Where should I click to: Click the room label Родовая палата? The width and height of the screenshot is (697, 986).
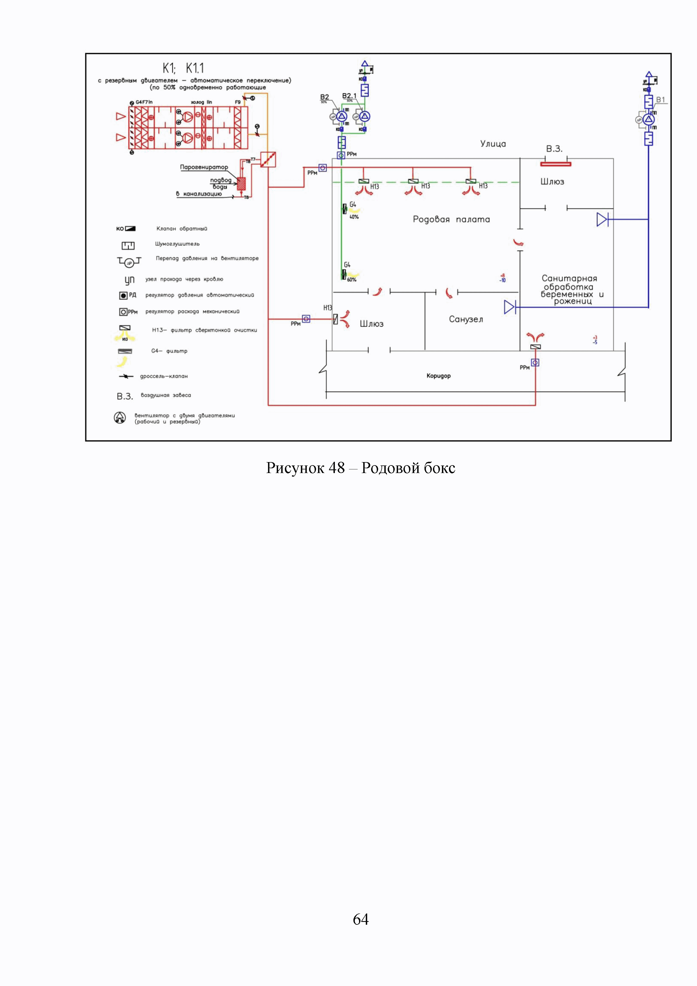coord(451,220)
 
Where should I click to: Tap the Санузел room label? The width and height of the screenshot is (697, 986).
coord(466,319)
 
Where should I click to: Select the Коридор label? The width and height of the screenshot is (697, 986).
coord(438,376)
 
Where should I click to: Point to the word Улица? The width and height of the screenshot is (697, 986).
coord(493,144)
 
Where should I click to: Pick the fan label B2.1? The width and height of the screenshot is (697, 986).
coord(349,96)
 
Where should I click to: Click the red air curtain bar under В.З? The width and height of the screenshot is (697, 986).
coord(555,164)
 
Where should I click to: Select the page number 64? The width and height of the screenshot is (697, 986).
coord(360,919)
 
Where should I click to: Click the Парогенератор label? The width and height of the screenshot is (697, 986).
coord(204,167)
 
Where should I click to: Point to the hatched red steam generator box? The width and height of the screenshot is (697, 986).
coord(241,183)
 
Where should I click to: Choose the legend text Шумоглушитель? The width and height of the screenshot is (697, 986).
coord(177,244)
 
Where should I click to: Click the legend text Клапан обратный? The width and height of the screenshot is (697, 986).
coord(181,229)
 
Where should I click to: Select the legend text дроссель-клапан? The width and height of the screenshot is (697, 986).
coord(164,376)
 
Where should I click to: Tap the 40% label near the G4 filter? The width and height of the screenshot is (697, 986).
coord(354,217)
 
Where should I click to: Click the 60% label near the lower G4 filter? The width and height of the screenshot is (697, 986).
coord(351,280)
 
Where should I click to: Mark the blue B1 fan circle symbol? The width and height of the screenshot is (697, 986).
coord(648,119)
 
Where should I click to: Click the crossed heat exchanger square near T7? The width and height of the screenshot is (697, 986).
coord(268,160)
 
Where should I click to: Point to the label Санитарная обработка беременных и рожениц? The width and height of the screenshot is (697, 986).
coord(569,290)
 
